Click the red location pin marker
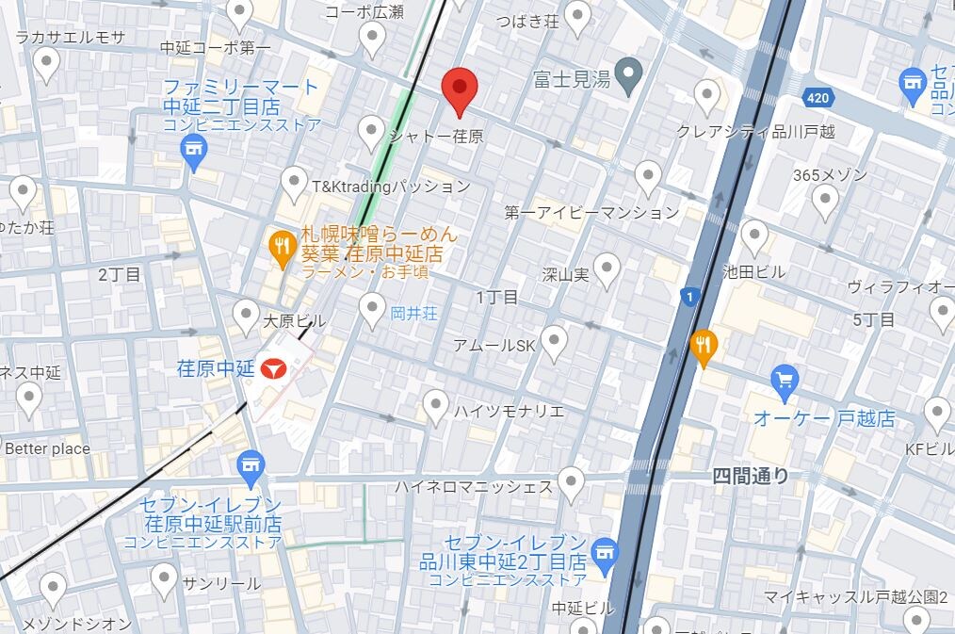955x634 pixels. pos(460,89)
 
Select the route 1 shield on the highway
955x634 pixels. pos(692,297)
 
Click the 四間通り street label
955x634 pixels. pos(751,477)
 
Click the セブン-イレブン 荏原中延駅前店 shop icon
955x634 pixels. pos(251,463)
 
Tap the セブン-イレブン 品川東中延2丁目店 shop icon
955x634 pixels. pos(603,547)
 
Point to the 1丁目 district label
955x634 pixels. pos(496,298)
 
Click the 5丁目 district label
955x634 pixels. pos(873,320)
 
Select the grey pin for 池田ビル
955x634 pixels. pos(754,236)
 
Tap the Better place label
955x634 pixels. pos(47,448)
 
